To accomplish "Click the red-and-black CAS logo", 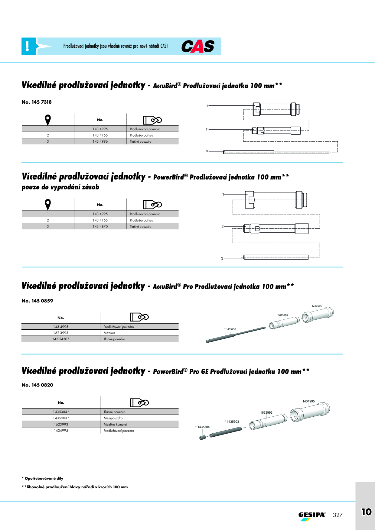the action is point(198,46).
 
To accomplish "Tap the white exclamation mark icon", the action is point(27,46).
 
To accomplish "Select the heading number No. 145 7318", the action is point(37,102).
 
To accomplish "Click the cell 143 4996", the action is point(100,141).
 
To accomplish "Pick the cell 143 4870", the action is point(100,226).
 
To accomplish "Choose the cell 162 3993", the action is point(61,333).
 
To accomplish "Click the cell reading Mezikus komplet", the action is point(115,424).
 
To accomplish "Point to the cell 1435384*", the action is point(61,412).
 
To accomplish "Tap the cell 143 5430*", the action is point(61,339).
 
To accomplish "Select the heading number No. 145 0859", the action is point(37,301).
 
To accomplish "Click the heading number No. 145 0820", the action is point(37,385).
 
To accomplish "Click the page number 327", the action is point(338,515).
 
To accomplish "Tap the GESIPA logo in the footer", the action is point(312,516).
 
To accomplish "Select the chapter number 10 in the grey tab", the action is point(367,512).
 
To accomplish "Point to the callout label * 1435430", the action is point(230,329).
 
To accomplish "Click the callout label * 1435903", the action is point(232,422).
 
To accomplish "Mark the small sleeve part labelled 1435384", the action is point(203,438).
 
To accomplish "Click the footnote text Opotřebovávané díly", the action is point(44,478).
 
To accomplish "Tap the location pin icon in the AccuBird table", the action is point(48,120).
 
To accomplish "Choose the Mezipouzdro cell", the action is point(113,418).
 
